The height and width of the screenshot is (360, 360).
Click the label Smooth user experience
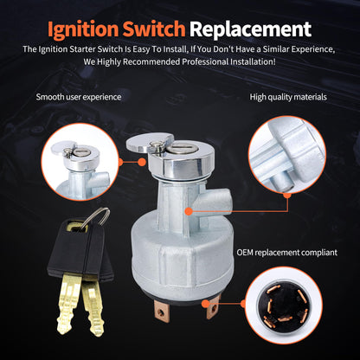coord(79,96)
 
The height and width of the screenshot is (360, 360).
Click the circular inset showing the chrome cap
coord(79,160)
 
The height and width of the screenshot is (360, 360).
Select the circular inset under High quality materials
coord(286,158)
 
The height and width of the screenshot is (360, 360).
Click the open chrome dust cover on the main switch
coord(145,148)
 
